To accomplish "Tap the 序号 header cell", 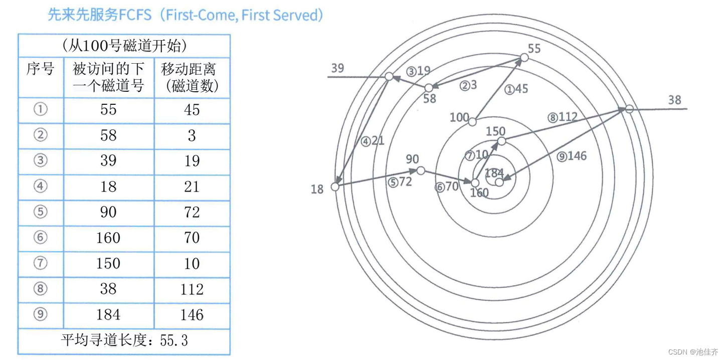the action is click(40, 69).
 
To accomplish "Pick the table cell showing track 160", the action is click(108, 237).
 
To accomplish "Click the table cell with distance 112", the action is click(192, 289).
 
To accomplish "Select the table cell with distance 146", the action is click(192, 314).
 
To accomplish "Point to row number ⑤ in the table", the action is click(40, 212).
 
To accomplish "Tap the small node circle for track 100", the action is click(472, 120).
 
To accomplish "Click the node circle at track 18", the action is click(335, 187).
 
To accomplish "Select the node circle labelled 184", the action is click(499, 182).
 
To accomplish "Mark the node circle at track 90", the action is click(421, 171).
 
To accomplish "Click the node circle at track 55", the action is click(524, 58).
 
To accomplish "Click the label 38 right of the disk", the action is click(674, 100).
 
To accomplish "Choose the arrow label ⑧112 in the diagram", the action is click(562, 117).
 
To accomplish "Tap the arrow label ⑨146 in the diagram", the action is click(571, 156).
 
